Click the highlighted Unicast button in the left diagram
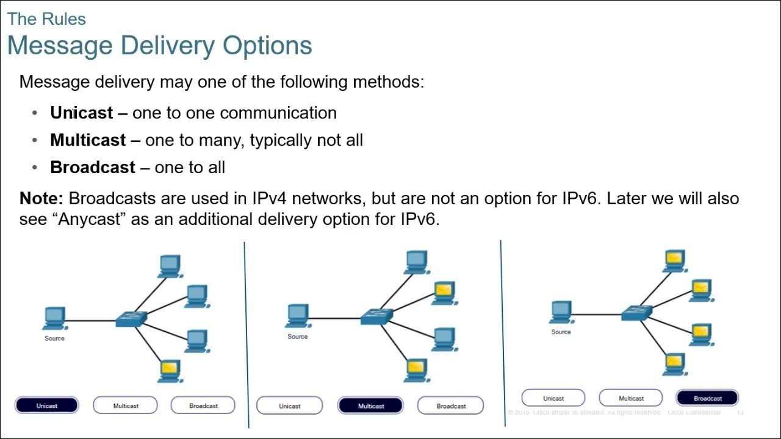pyautogui.click(x=47, y=405)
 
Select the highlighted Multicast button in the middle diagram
pyautogui.click(x=371, y=406)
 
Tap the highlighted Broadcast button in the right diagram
pyautogui.click(x=708, y=398)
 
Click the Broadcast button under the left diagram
pyautogui.click(x=203, y=405)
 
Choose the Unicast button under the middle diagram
pyautogui.click(x=290, y=406)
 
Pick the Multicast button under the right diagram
pyautogui.click(x=631, y=398)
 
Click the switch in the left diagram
pyautogui.click(x=132, y=319)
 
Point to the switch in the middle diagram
pyautogui.click(x=376, y=316)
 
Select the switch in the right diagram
pyautogui.click(x=636, y=313)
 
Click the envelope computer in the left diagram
pyautogui.click(x=169, y=370)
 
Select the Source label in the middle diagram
pyautogui.click(x=298, y=337)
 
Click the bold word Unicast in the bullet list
pyautogui.click(x=82, y=113)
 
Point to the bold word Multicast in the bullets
pyautogui.click(x=88, y=140)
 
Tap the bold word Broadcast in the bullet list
pyautogui.click(x=93, y=168)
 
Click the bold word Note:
pyautogui.click(x=41, y=198)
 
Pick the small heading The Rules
pyautogui.click(x=46, y=19)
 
